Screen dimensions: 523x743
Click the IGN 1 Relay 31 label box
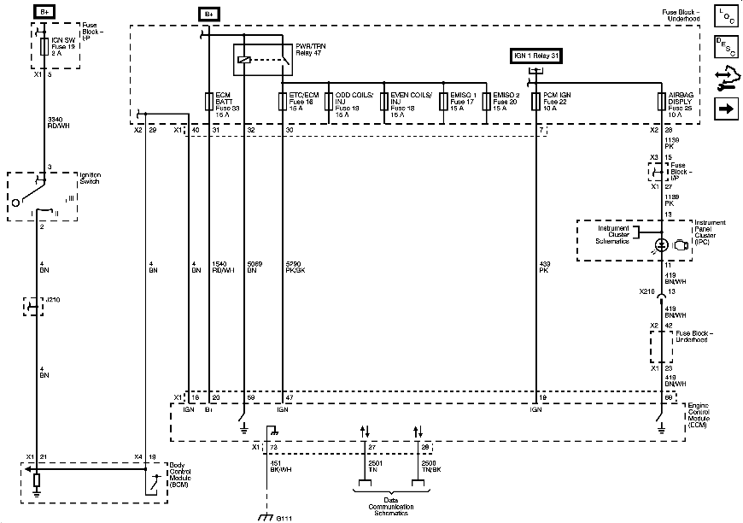536,56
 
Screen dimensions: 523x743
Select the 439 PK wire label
545,266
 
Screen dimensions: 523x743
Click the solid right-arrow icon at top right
725,109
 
